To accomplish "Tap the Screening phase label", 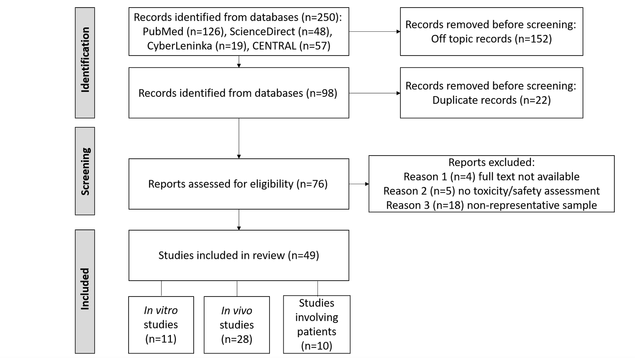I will [x=85, y=171].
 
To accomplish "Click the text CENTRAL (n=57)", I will [x=291, y=46].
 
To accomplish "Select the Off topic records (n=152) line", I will [x=491, y=39].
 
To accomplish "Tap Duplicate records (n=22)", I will [x=491, y=100].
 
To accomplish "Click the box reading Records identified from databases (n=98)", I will [x=239, y=93].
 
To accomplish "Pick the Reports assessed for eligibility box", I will [x=239, y=184].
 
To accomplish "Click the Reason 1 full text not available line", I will [x=491, y=177].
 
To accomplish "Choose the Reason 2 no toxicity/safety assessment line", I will [x=491, y=191].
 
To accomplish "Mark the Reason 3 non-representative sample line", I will [x=491, y=205].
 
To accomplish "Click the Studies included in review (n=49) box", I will [x=239, y=255].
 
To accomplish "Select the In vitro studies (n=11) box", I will [x=161, y=325].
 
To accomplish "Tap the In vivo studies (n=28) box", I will [x=237, y=325].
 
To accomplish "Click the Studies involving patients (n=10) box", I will [x=317, y=324].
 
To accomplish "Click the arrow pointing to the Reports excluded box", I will [x=359, y=184].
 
